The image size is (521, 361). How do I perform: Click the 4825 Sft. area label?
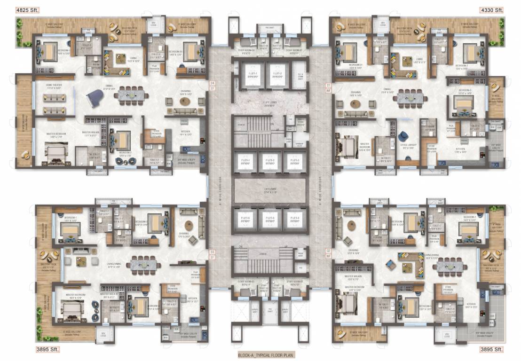coord(14,9)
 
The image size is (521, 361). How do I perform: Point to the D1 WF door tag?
coord(328,86)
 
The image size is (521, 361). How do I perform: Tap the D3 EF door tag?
coord(212,255)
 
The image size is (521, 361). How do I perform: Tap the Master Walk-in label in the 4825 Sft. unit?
coord(90,134)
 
